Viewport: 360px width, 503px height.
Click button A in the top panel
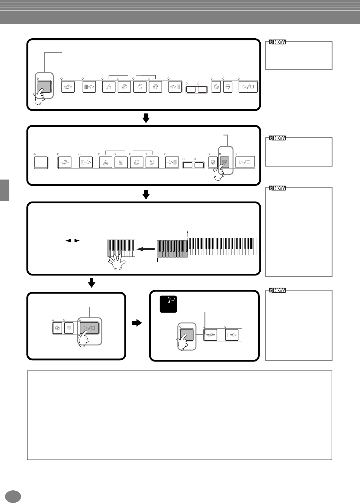[109, 87]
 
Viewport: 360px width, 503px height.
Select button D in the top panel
[155, 87]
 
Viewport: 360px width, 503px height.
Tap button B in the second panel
[121, 162]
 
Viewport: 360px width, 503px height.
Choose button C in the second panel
[137, 162]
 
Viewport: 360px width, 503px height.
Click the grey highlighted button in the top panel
[44, 87]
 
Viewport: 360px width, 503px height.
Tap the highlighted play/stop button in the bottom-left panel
[89, 328]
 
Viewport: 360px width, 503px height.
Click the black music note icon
[168, 304]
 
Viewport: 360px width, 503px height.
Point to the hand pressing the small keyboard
[117, 262]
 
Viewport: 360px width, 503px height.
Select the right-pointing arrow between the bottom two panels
[137, 323]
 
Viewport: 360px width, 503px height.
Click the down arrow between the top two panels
[146, 118]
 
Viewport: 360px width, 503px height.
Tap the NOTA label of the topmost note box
[277, 42]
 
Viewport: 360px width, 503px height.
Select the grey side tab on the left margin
[5, 190]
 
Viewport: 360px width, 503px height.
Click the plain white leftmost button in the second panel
[41, 162]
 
